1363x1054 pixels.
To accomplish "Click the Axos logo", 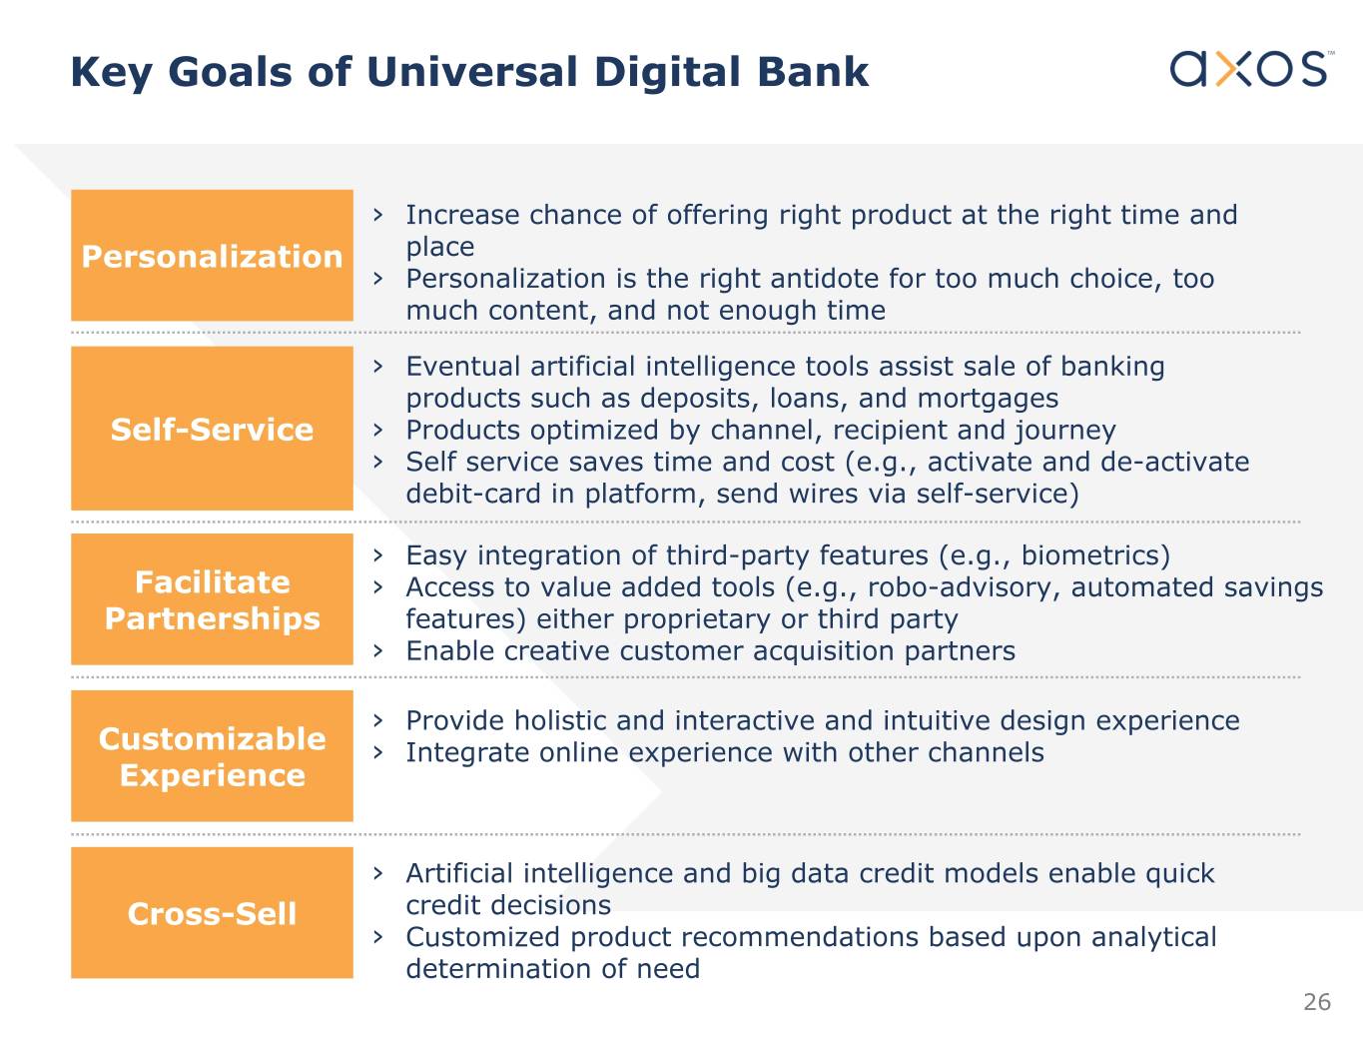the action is [1251, 68].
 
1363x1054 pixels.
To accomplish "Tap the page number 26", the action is [1317, 1002].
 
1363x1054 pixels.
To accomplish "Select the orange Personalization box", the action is [212, 256].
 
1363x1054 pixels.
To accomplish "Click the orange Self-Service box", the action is [212, 429].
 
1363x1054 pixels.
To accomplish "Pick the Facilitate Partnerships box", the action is [212, 599].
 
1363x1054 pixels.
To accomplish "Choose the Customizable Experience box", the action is [212, 756].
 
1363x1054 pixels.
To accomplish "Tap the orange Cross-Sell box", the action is [212, 913].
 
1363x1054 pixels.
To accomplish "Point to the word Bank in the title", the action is [813, 71].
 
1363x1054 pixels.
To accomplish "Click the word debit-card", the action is [473, 495].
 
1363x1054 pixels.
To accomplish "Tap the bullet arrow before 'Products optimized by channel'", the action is [377, 431].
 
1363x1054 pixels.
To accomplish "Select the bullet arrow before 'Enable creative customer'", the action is [377, 651].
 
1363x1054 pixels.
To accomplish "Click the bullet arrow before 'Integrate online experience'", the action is [377, 753].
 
